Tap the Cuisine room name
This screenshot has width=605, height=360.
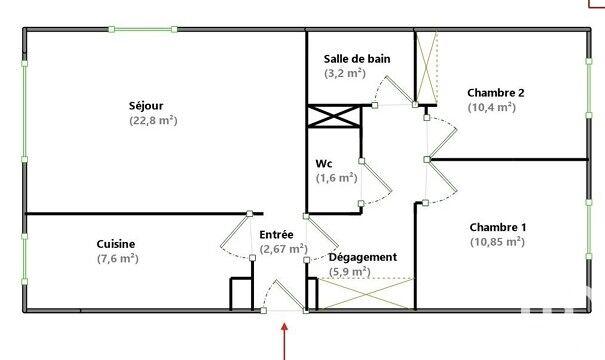[x=116, y=243]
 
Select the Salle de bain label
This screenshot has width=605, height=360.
[x=356, y=58]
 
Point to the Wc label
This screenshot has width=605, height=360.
[x=324, y=163]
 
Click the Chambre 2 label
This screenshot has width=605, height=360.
[x=495, y=93]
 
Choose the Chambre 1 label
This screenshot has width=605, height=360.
[x=497, y=226]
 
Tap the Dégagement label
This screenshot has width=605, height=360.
[x=363, y=257]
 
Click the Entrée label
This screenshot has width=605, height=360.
[x=276, y=235]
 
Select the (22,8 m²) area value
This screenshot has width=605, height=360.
[x=153, y=120]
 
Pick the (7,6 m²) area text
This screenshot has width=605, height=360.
[x=116, y=258]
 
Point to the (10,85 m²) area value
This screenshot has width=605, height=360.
[x=497, y=241]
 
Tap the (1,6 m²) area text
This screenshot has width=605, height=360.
[x=336, y=178]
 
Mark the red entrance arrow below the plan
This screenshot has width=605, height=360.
[x=286, y=340]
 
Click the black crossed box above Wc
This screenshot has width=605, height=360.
[x=335, y=116]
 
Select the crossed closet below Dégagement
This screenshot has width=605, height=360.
[x=365, y=294]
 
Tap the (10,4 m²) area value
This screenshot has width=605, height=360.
[x=491, y=107]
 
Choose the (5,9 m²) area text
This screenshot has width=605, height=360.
[x=353, y=272]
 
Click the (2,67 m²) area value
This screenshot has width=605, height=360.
[x=283, y=249]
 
